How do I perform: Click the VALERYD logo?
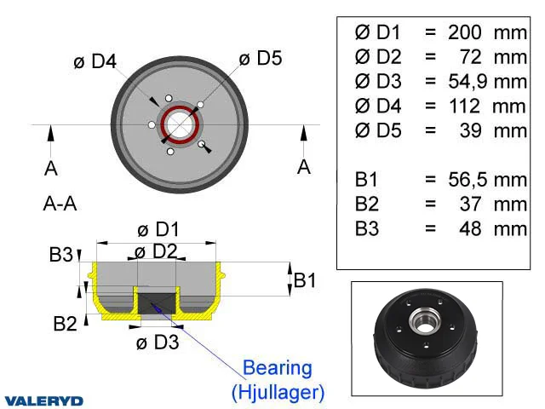click(43, 401)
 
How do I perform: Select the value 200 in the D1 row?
click(465, 32)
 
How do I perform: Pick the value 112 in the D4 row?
click(465, 106)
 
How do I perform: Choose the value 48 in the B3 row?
click(470, 229)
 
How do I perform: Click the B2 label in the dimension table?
click(366, 204)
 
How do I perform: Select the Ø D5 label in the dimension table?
click(378, 130)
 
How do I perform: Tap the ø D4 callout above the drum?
click(95, 61)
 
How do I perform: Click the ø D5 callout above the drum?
click(261, 58)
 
